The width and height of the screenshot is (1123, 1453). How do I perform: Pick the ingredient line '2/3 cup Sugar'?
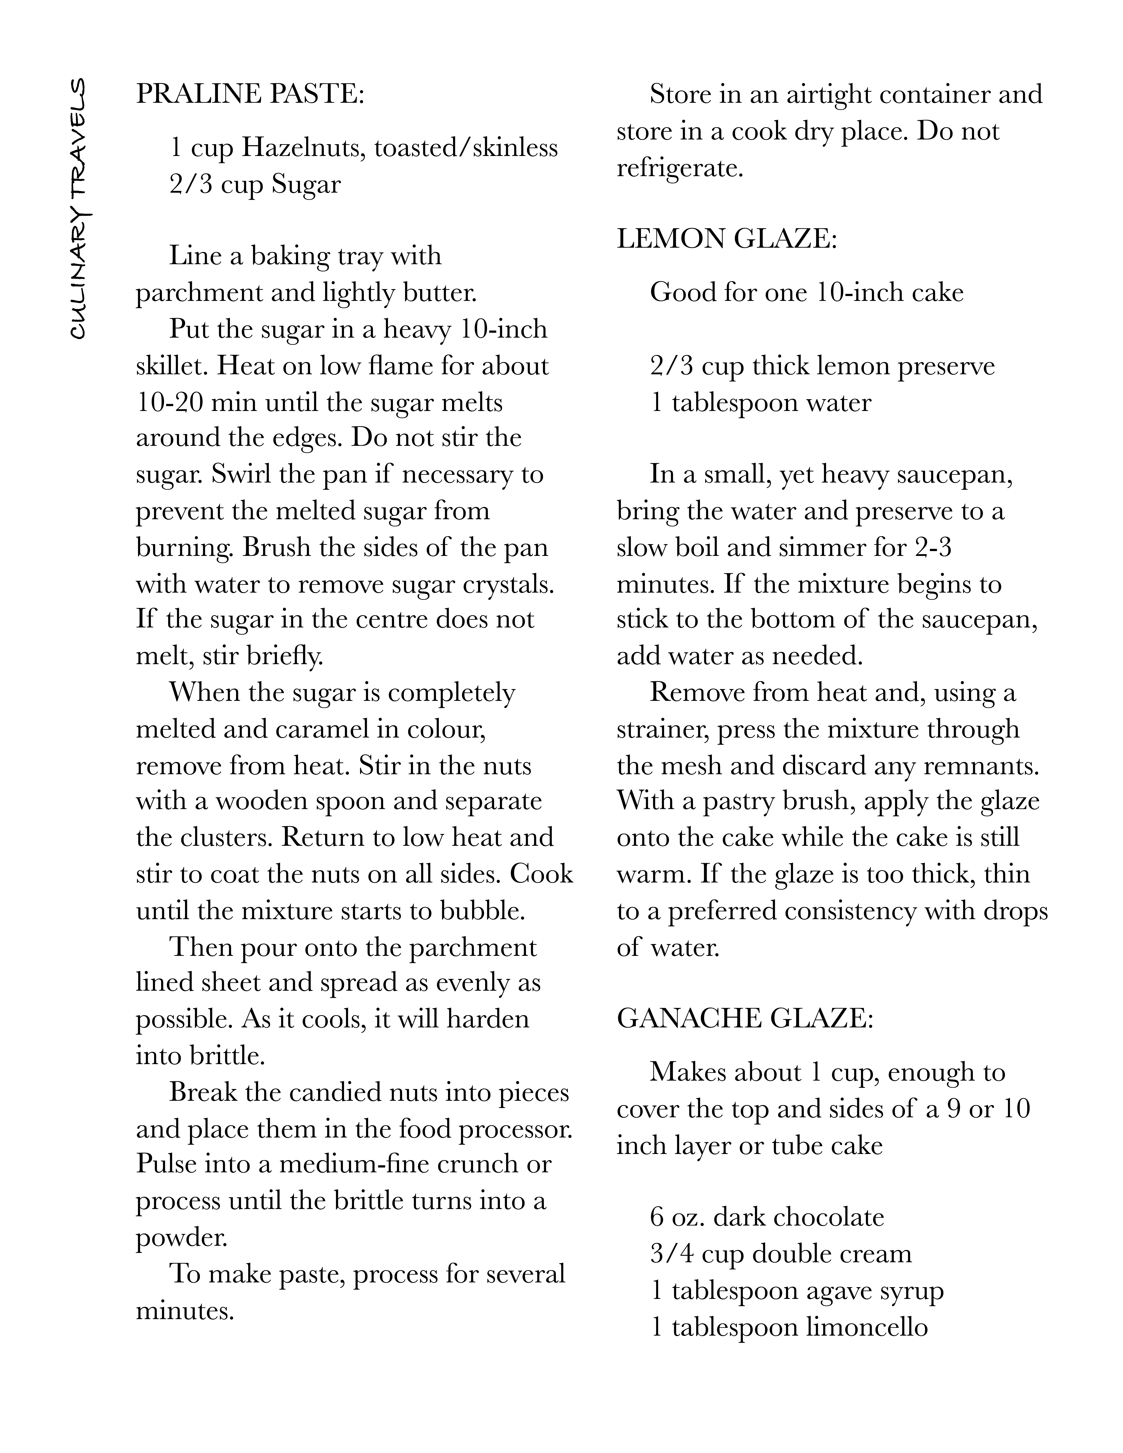pyautogui.click(x=255, y=184)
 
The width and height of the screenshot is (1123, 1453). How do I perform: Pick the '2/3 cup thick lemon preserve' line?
pyautogui.click(x=822, y=366)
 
